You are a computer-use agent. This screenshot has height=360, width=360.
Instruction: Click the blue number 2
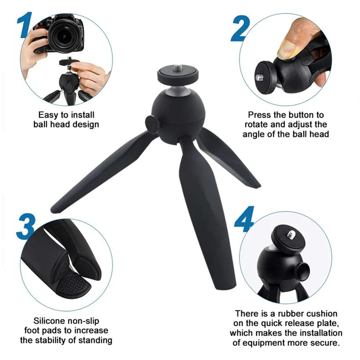tap(240, 28)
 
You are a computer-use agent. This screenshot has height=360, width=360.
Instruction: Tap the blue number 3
tap(26, 226)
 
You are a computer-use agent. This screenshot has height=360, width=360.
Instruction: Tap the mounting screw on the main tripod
tap(177, 68)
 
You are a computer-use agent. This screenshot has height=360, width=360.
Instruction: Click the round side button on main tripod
tap(153, 124)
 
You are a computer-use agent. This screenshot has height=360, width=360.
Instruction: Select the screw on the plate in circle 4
tap(290, 234)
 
